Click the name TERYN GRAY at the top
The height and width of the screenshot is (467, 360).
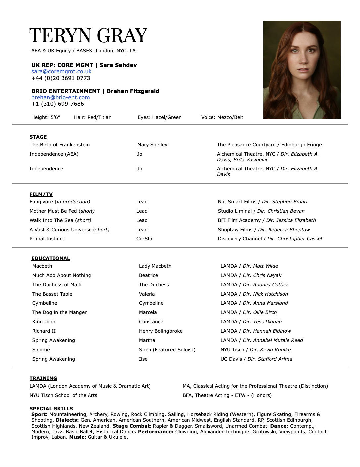(x=88, y=36)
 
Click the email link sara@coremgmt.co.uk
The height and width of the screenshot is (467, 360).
(x=61, y=71)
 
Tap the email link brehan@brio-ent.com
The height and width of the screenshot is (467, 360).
(x=61, y=97)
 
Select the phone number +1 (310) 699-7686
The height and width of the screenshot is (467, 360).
(x=58, y=104)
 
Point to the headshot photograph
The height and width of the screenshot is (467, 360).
(x=302, y=70)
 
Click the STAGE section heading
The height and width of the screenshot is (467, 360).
(x=38, y=137)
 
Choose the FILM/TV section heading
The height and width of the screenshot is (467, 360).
(x=41, y=194)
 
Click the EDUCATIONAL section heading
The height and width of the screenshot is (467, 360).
(x=51, y=258)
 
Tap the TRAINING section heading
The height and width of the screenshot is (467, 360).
(x=43, y=378)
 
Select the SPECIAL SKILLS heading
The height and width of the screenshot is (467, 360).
(x=51, y=409)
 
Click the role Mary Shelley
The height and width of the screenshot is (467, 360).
(x=152, y=145)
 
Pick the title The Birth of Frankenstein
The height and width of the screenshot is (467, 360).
(x=60, y=145)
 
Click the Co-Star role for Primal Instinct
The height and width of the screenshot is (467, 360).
(x=145, y=239)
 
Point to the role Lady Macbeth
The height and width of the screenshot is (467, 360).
(x=155, y=266)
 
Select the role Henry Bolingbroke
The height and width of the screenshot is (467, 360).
(x=161, y=331)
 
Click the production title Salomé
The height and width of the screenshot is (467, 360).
(x=41, y=350)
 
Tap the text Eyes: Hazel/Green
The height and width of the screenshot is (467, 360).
(x=159, y=117)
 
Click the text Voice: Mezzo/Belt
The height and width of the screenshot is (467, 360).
(x=222, y=117)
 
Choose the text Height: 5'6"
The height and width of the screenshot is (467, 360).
(x=46, y=117)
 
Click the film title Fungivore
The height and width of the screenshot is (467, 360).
(x=41, y=202)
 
